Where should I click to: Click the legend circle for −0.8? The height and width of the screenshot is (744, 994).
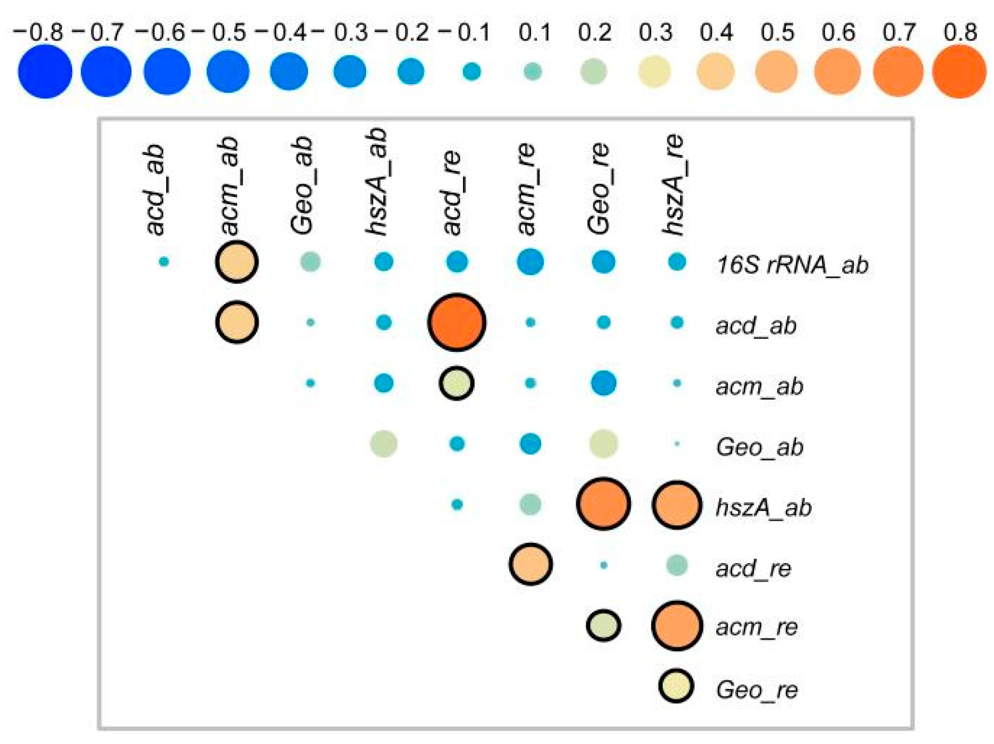[x=45, y=71]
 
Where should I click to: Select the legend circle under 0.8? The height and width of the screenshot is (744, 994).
[x=959, y=71]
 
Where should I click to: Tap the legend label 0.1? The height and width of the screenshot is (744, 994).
[x=535, y=32]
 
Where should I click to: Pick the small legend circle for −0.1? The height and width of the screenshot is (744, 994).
[x=472, y=71]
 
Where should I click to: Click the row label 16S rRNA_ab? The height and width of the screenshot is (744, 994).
[x=792, y=264]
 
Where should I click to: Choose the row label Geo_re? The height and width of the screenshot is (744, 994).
[x=757, y=690]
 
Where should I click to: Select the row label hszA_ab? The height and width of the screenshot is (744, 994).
[x=764, y=507]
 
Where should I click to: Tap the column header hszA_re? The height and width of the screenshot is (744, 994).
[x=674, y=184]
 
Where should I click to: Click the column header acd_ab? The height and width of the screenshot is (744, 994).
[x=155, y=189]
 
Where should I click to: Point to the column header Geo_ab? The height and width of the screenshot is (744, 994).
[x=302, y=185]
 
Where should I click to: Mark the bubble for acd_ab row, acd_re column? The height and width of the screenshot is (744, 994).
[x=457, y=322]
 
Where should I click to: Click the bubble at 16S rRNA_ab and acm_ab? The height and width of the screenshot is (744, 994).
[x=237, y=262]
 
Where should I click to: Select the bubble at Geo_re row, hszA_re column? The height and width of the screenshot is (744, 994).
[x=676, y=686]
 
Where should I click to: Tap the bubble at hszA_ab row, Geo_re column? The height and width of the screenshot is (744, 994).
[x=603, y=504]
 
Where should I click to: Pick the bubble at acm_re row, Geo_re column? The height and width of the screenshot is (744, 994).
[x=603, y=625]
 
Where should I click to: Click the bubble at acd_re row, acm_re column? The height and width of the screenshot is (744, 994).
[x=530, y=564]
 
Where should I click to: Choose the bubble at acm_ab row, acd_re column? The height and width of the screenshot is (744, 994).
[x=457, y=383]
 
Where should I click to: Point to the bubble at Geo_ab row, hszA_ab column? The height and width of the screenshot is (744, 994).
[x=383, y=444]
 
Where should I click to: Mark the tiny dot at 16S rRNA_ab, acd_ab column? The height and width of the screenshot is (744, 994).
[x=164, y=262]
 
